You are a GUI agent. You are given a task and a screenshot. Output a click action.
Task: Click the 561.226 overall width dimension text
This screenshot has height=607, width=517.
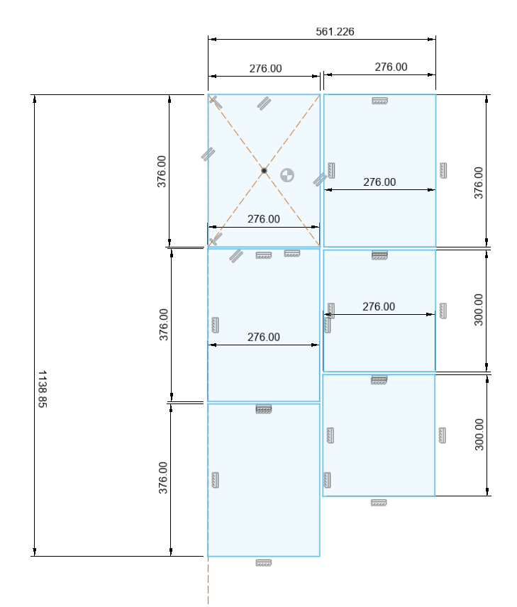pos(335,31)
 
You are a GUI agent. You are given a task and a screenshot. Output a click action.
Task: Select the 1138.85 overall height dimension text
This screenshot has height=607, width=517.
pos(43,389)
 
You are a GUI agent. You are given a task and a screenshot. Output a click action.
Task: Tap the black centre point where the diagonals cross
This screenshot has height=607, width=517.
pos(264,170)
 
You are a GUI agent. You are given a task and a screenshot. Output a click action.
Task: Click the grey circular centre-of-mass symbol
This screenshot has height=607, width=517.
pos(287,175)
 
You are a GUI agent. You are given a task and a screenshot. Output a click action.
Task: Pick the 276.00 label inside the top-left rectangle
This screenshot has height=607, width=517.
pos(263,219)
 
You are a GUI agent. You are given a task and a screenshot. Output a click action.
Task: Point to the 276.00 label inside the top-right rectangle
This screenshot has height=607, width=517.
pos(379,182)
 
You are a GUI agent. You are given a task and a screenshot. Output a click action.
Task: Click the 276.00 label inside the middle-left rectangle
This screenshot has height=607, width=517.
pos(263,337)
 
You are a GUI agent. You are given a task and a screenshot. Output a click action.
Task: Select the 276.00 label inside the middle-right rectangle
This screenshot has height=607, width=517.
pos(379,306)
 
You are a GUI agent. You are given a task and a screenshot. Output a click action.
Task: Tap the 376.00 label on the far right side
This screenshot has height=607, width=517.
pos(479,183)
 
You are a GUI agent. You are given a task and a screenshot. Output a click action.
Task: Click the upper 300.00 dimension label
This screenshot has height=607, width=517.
pos(479,310)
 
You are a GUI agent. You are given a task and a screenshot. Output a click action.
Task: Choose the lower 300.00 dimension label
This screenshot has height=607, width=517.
pos(479,435)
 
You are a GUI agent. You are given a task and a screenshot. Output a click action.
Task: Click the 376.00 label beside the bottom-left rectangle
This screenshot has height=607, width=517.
pos(163,478)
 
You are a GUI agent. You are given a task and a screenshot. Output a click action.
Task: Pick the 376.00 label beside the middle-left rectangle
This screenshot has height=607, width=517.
pos(164,324)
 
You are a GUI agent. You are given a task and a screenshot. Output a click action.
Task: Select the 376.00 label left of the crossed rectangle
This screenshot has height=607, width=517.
pos(162,172)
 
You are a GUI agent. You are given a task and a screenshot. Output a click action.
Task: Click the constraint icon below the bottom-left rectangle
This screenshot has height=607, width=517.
pos(264,562)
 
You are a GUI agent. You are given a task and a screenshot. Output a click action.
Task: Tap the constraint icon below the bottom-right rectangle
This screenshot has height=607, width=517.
pos(379,503)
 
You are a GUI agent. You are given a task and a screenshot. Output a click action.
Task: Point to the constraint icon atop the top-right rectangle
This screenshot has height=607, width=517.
pos(379,101)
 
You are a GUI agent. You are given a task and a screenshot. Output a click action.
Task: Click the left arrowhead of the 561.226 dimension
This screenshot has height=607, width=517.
pos(212,39)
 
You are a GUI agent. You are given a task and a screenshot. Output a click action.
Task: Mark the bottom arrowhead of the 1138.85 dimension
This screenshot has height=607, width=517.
pos(35,552)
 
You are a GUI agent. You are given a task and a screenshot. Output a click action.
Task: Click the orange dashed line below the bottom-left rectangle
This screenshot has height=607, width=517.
pos(208,581)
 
